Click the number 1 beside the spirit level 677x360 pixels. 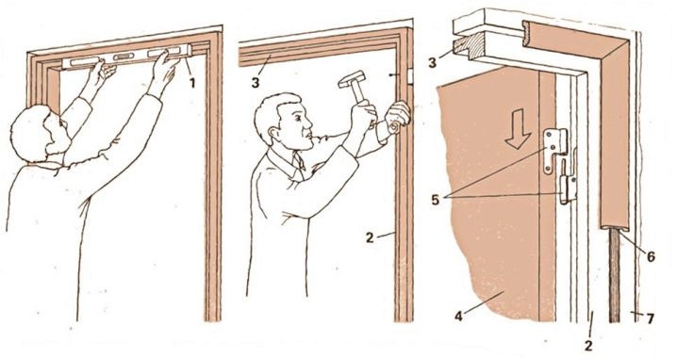(x=192, y=82)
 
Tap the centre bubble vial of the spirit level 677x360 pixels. (x=124, y=57)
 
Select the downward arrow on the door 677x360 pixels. (x=518, y=128)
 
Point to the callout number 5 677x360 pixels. (x=436, y=199)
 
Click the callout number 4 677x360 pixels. (x=458, y=316)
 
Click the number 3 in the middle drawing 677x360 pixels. (x=256, y=82)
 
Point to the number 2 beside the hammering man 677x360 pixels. (x=370, y=237)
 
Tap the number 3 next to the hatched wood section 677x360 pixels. (x=432, y=61)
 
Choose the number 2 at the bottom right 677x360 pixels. (x=588, y=345)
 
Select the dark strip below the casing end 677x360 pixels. (x=615, y=275)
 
